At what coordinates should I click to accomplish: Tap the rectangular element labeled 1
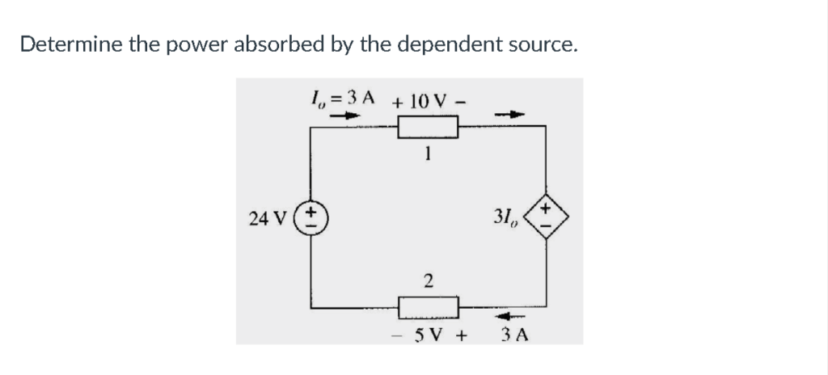[x=428, y=127]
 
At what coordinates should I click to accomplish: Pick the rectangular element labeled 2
[x=429, y=307]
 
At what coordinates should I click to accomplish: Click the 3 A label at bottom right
[x=515, y=335]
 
